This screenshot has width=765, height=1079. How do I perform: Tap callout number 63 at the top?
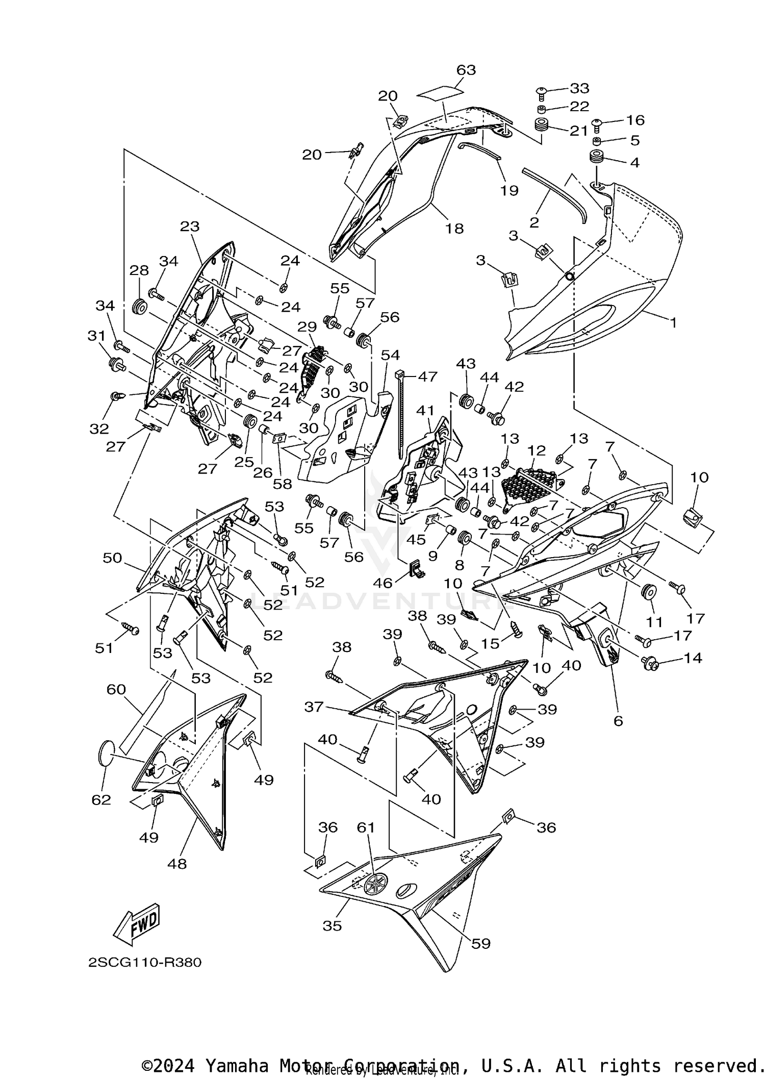466,70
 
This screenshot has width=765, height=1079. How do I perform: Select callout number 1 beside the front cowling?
673,322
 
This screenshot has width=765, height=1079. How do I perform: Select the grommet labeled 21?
542,125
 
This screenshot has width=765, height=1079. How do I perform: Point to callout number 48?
177,864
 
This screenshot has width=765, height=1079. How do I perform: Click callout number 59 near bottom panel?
480,943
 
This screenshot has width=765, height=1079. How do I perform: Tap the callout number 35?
332,925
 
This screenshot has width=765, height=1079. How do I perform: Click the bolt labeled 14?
652,663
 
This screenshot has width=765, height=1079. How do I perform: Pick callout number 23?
190,226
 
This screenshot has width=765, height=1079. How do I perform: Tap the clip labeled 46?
416,569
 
